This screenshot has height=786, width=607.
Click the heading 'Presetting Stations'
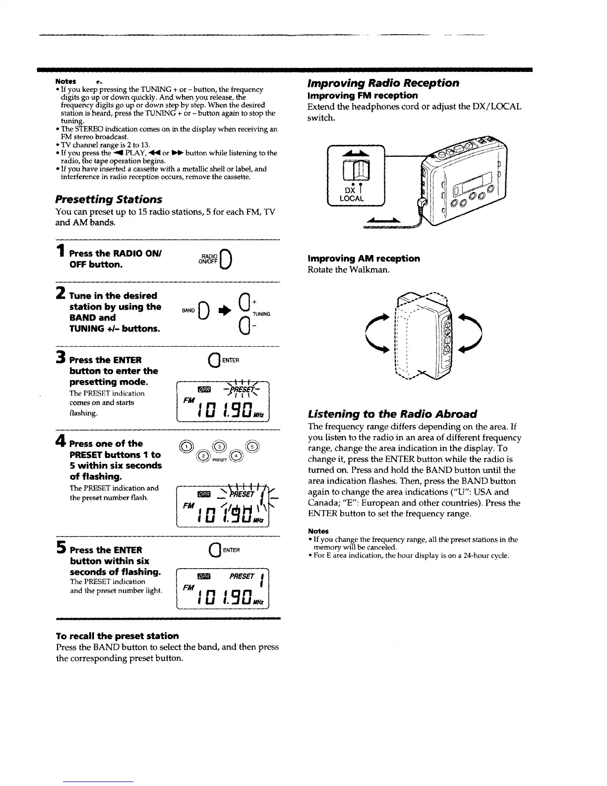(109, 199)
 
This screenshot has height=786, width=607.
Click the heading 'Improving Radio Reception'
(383, 83)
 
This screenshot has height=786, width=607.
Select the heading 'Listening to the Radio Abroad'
(392, 414)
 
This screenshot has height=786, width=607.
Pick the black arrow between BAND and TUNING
(222, 312)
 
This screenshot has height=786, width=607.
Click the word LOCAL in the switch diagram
(352, 198)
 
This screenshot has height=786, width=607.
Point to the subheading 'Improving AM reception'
(364, 259)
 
